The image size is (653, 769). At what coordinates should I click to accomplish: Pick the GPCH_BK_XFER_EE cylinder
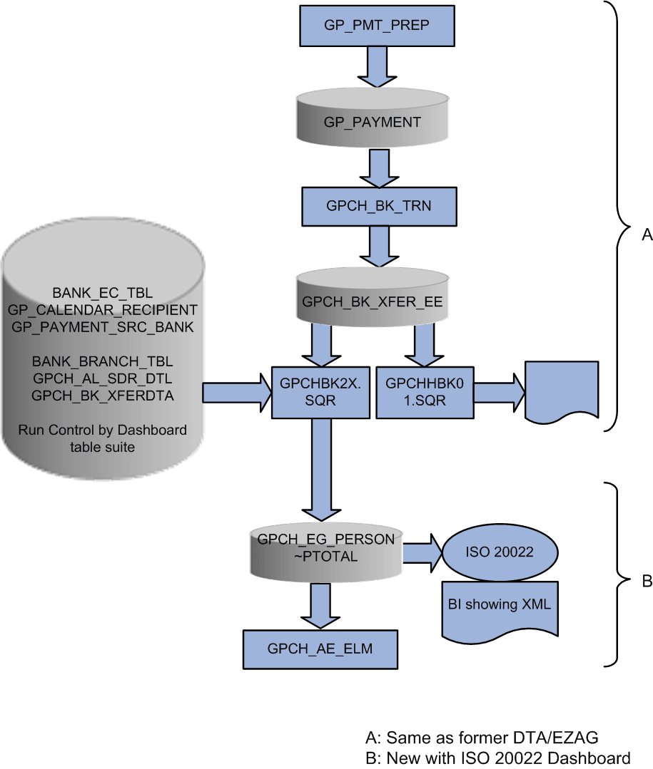coord(373,301)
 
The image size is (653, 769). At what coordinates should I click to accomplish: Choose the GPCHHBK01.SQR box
coord(425,392)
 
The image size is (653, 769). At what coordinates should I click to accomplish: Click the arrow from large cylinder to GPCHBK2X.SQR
coord(232,393)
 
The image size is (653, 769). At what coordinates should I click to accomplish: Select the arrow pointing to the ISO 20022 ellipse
coord(424,554)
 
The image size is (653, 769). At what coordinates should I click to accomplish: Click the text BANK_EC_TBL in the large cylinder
coord(103,293)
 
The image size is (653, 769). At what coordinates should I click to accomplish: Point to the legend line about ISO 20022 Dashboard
coord(497,757)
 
